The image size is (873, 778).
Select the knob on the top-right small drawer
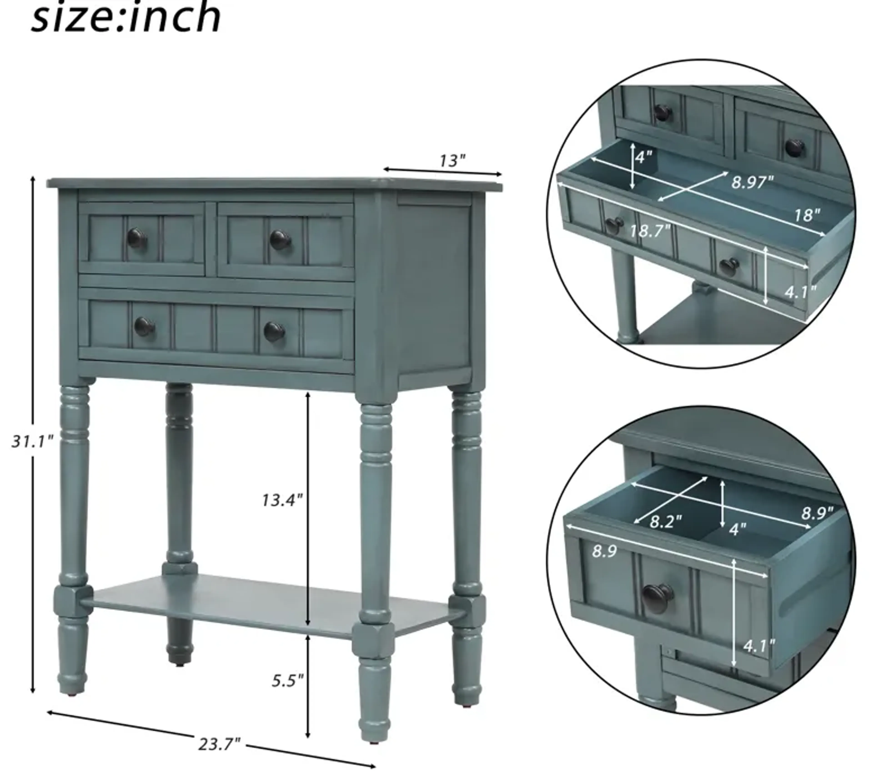(280, 240)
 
